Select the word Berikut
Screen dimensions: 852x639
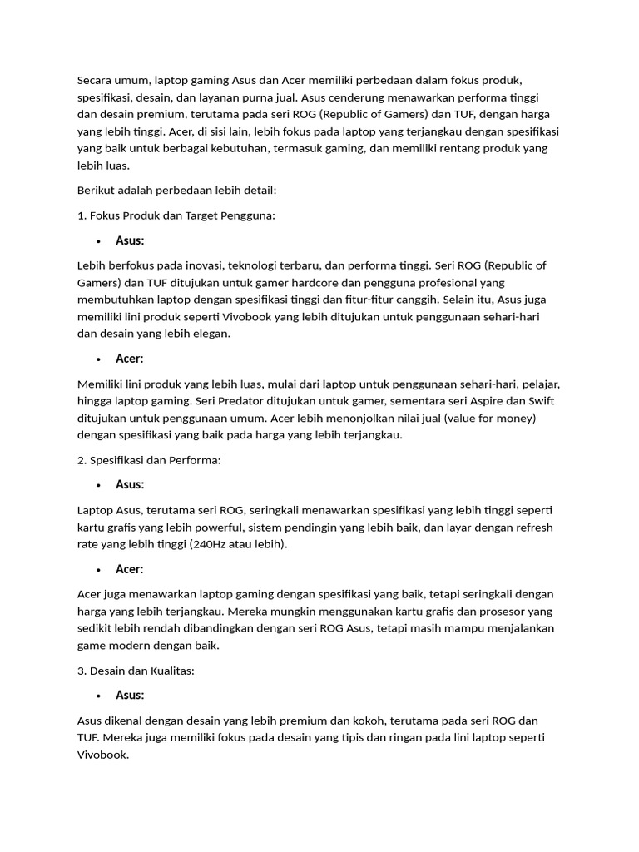97,190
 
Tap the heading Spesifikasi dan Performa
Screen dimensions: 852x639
155,459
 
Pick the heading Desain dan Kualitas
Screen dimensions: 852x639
141,670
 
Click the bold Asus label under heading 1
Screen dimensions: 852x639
130,240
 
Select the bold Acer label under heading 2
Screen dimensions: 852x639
130,569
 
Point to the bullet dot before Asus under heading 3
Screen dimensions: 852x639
98,696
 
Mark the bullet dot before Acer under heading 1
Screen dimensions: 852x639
98,359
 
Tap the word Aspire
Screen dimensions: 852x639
468,401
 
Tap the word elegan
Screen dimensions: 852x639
210,334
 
